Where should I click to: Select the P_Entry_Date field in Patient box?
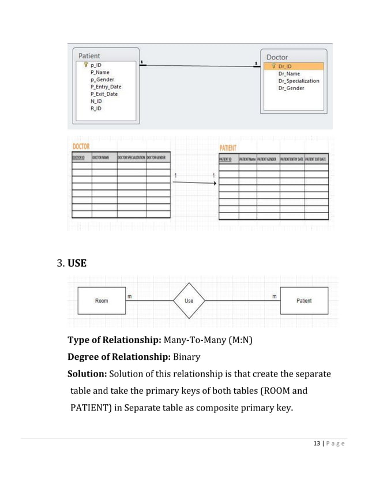(106, 87)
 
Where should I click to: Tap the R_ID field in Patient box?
(96, 107)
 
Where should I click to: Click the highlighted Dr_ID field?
(285, 66)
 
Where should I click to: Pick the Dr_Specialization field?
(298, 81)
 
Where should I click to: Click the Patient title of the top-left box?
(89, 56)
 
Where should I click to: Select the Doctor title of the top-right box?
(277, 58)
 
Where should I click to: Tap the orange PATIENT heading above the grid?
(232, 148)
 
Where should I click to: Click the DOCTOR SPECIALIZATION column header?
(131, 157)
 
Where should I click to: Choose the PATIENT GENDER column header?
(268, 159)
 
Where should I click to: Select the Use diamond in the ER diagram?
(189, 301)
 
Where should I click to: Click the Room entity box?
(101, 301)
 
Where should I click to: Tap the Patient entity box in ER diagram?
(304, 301)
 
